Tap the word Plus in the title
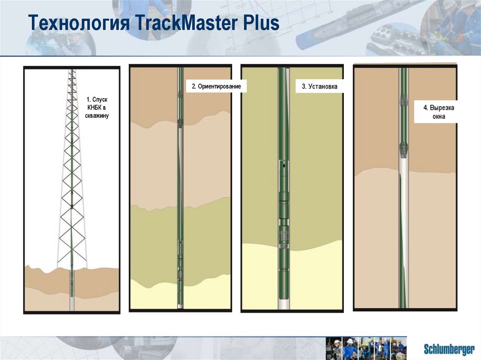tap(259, 23)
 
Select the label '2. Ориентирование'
tap(216, 87)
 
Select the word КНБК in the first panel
tap(93, 107)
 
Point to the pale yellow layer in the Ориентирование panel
tap(155, 296)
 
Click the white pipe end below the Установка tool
tap(284, 303)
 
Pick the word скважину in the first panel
tap(97, 115)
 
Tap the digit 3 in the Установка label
tap(303, 87)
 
